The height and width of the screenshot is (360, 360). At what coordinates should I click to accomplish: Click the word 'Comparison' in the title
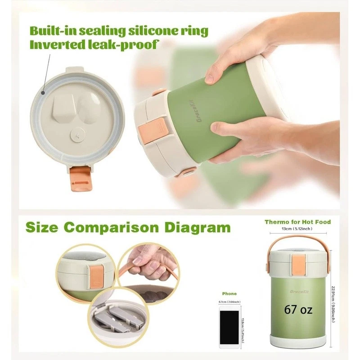pos(121,227)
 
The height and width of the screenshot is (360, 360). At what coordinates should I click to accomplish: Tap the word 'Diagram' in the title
pos(198,227)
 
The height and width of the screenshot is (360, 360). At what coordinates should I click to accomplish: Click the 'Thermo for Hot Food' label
pos(297,222)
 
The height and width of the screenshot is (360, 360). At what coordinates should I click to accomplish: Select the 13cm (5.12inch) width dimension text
pos(297,229)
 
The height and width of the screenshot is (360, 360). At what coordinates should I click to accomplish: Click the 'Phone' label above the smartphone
pos(229,293)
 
